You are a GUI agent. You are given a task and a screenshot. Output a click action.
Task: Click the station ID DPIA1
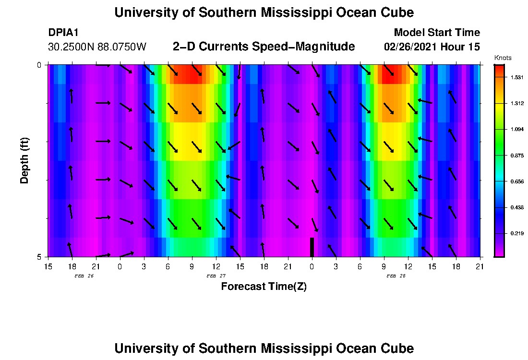[63, 33]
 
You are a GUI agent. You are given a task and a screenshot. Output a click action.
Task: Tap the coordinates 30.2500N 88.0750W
[97, 47]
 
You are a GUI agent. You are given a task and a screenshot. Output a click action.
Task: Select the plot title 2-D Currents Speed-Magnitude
[264, 47]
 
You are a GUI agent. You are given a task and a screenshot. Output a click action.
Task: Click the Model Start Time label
[436, 33]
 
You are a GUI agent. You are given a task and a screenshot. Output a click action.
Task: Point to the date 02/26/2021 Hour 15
[432, 47]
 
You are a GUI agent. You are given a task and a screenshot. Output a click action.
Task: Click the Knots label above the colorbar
[503, 58]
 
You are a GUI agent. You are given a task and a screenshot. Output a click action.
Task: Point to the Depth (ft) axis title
[24, 160]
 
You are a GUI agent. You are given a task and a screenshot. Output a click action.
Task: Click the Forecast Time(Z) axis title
[264, 287]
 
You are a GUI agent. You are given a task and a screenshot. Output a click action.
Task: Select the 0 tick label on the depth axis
[39, 65]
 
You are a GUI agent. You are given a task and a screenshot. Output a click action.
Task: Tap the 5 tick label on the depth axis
[39, 257]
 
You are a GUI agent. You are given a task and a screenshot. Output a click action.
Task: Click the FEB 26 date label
[84, 276]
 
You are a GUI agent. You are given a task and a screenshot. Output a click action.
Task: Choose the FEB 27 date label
[216, 276]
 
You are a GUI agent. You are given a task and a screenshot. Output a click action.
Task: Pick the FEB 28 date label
[396, 276]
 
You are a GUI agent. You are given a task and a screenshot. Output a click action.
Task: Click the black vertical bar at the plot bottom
[312, 247]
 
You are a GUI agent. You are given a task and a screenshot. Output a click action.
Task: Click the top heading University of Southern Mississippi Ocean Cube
[264, 12]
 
